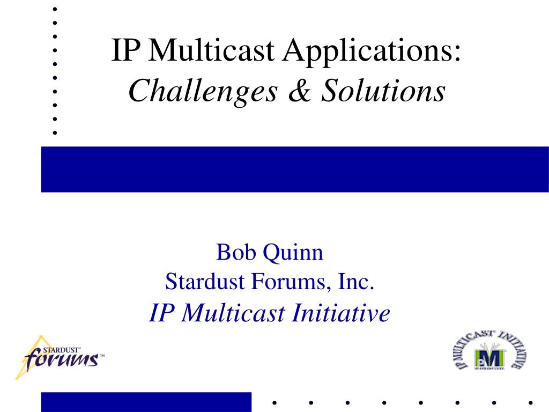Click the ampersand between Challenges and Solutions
(x=300, y=90)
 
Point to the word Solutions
(x=383, y=90)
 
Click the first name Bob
(x=236, y=252)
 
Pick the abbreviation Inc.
(x=356, y=281)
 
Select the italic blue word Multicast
(x=233, y=313)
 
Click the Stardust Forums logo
(x=60, y=357)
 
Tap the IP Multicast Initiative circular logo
(x=490, y=350)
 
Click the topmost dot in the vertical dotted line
(x=55, y=10)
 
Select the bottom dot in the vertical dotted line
(x=55, y=133)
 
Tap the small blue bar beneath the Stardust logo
(x=146, y=402)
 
